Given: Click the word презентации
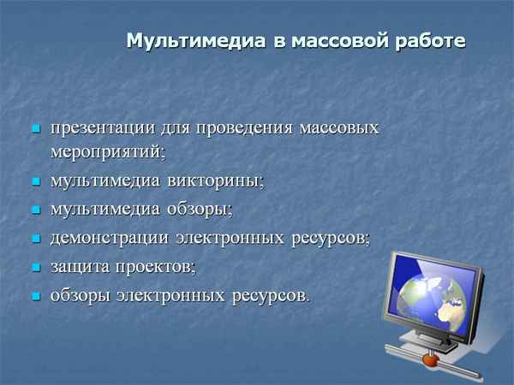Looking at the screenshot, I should coord(102,129).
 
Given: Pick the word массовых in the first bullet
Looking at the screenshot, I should coord(339,129).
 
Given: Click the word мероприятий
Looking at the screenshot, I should coord(105,151).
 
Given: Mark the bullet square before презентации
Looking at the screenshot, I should coord(36,130).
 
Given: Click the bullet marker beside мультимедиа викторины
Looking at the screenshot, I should coord(36,181).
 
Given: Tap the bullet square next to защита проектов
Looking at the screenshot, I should coord(36,268).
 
